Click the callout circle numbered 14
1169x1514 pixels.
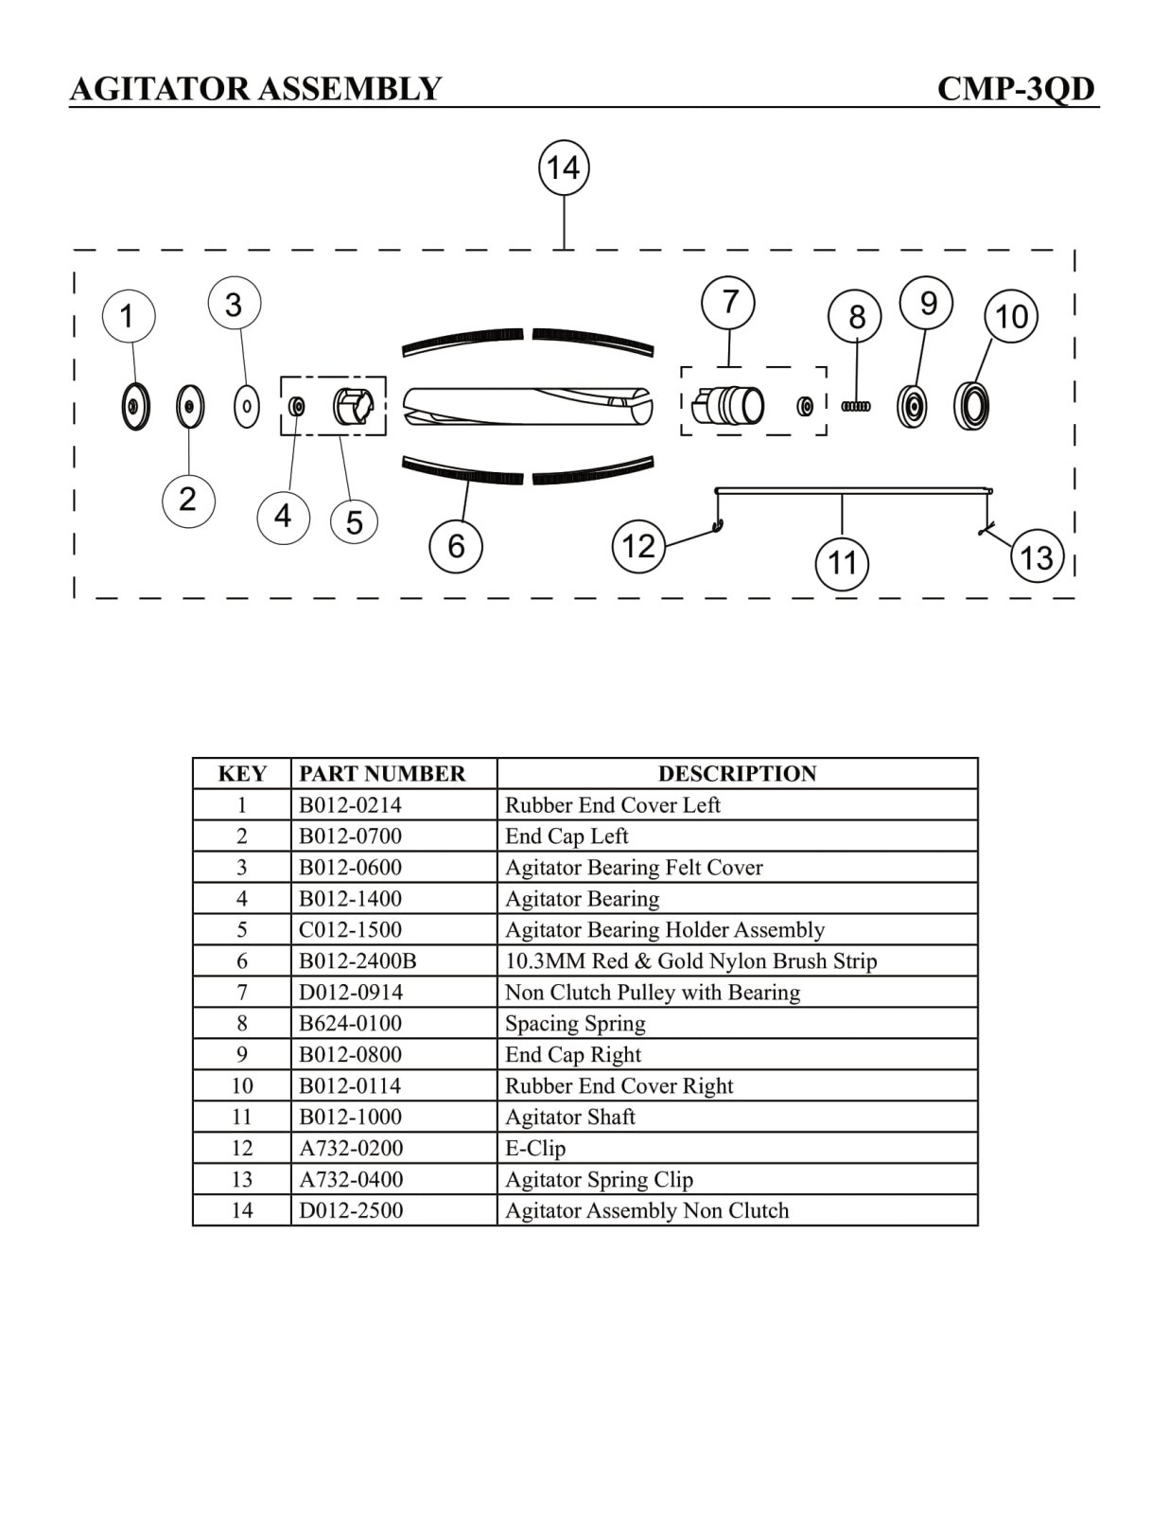(564, 168)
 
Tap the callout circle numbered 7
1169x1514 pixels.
(728, 302)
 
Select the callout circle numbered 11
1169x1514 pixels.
(842, 563)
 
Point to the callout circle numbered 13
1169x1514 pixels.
(1037, 556)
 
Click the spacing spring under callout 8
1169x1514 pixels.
(856, 406)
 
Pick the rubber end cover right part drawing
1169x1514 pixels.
(971, 406)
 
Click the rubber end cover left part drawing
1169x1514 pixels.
(136, 407)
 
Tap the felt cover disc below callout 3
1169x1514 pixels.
(246, 407)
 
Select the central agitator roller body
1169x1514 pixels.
(527, 406)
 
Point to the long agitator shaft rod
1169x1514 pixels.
(851, 490)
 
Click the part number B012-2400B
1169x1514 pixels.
(358, 961)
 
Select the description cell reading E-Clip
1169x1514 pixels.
(535, 1149)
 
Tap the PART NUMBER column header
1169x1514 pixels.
(382, 774)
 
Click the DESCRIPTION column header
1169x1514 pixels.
(737, 774)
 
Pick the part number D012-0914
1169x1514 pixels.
(351, 993)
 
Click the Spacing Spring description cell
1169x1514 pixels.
(575, 1024)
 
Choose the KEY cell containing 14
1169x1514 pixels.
(242, 1211)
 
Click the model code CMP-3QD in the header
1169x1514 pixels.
(1016, 89)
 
